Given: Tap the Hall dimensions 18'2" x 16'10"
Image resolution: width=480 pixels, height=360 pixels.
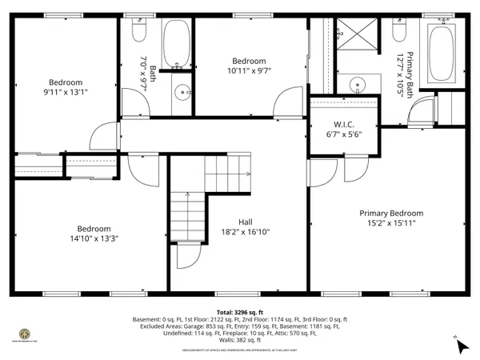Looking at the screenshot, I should tap(246, 233).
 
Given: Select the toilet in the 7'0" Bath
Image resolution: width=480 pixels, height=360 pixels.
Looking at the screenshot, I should tap(138, 32).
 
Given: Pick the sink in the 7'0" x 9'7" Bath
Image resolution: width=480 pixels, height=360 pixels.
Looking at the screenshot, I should tap(182, 90).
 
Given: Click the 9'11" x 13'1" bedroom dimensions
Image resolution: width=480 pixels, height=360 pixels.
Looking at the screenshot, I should tap(66, 91).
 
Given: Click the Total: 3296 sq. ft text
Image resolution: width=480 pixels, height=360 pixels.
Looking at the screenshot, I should tap(240, 312).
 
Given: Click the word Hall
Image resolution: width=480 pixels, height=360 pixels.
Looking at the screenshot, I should tap(246, 223).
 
